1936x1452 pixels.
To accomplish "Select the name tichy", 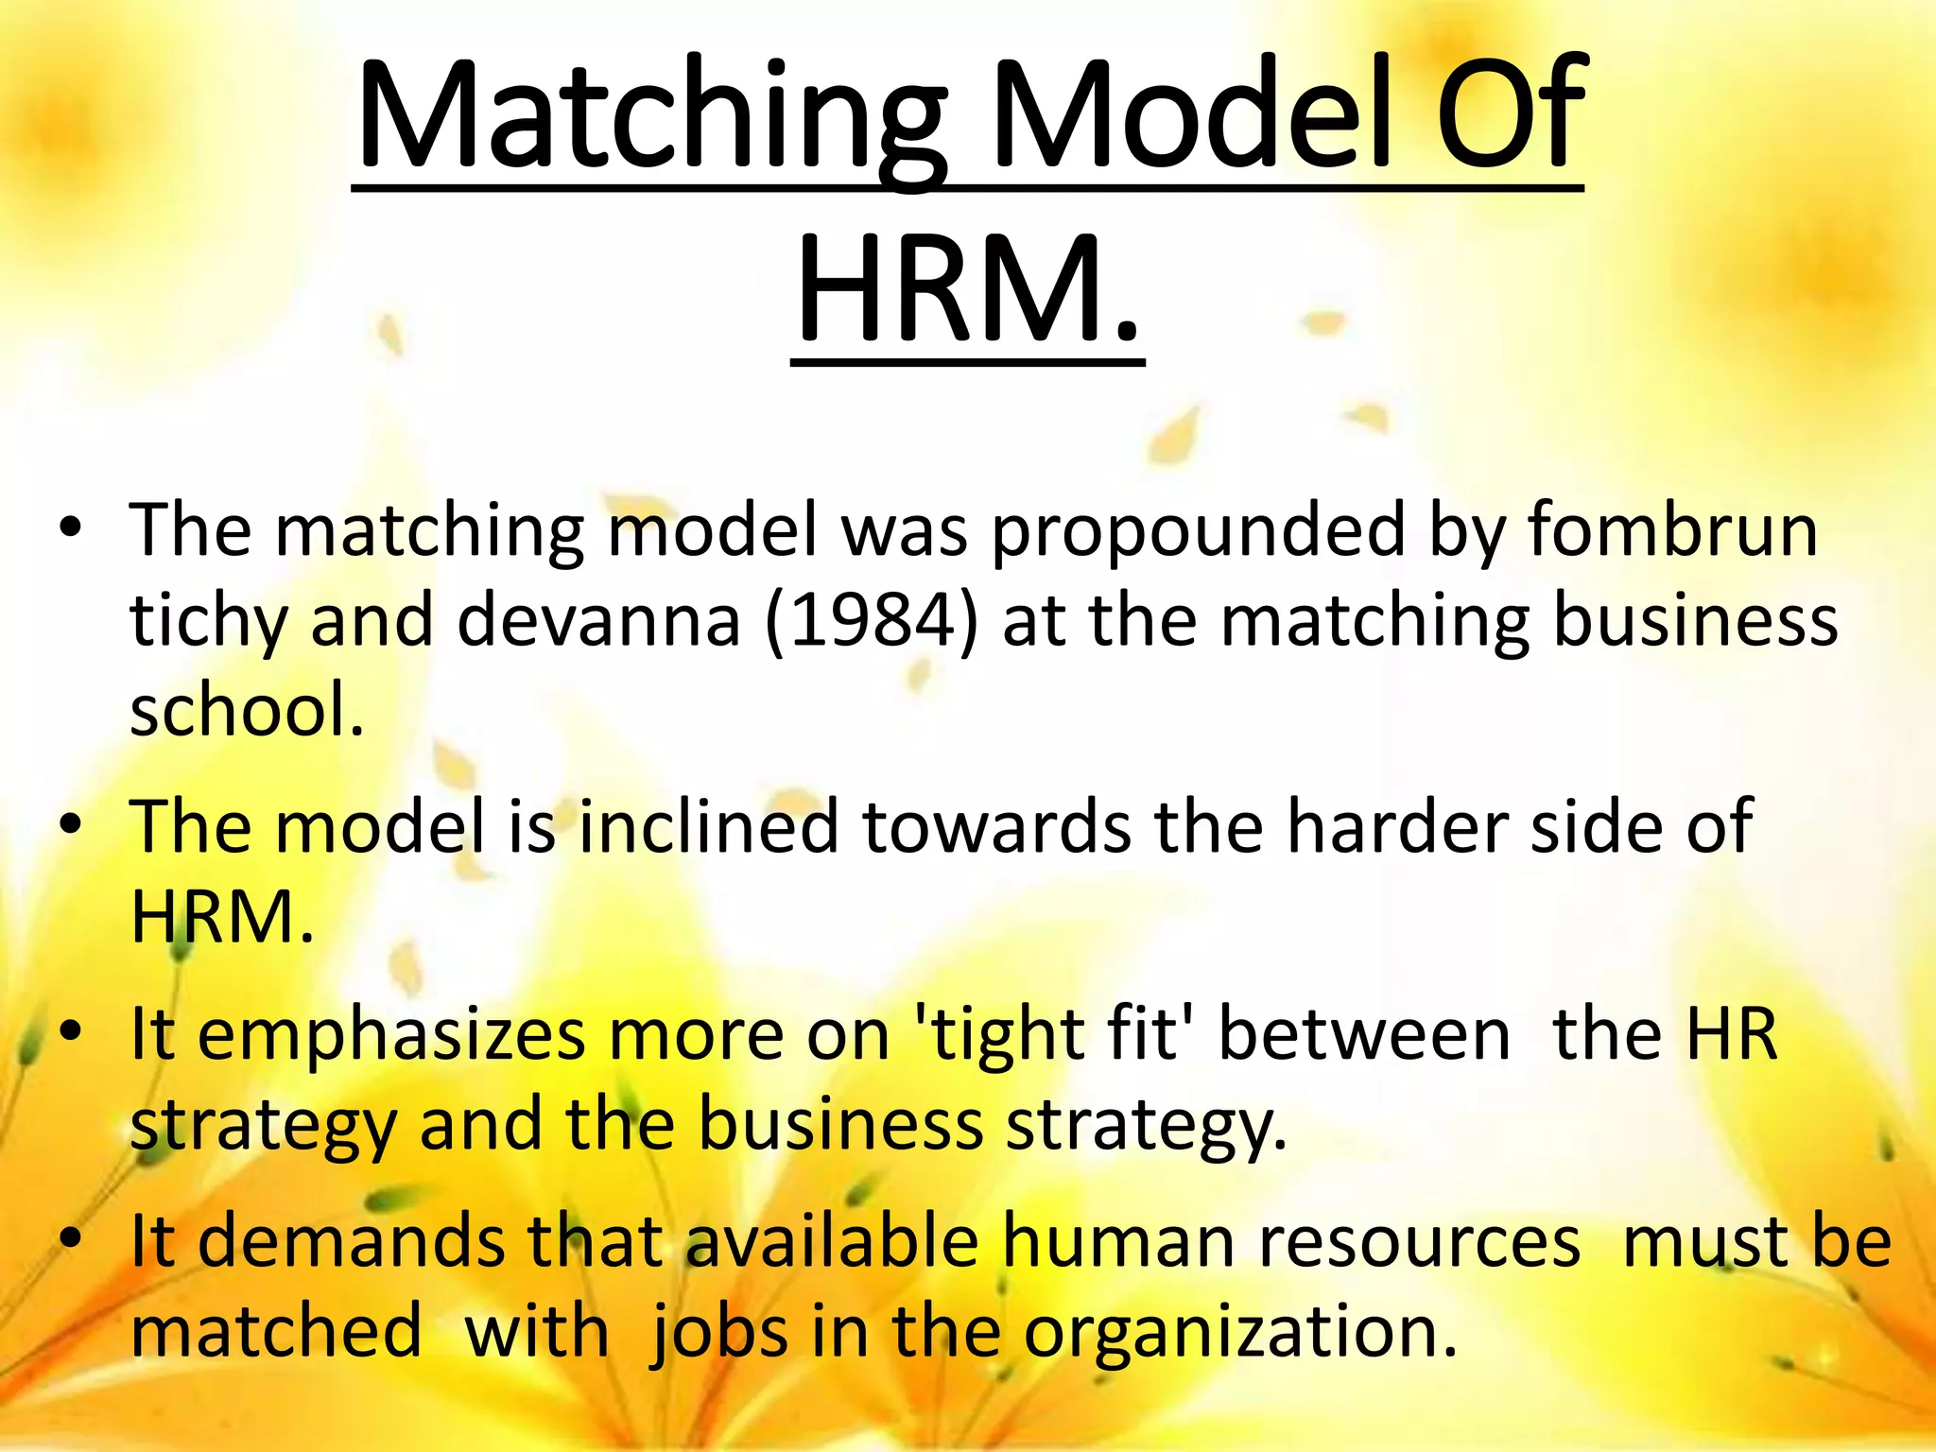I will tap(208, 624).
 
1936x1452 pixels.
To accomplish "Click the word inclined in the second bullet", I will tap(708, 827).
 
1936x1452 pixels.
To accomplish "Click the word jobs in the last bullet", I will tap(718, 1333).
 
